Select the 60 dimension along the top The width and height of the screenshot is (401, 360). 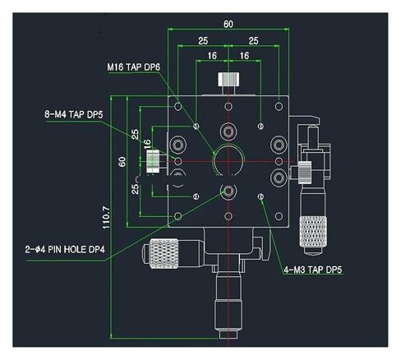point(228,25)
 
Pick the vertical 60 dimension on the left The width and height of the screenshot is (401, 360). point(121,161)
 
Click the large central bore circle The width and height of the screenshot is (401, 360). point(228,159)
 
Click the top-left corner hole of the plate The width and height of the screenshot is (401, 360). point(179,104)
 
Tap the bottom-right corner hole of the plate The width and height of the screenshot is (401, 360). point(280,216)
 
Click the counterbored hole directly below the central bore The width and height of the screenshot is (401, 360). point(228,192)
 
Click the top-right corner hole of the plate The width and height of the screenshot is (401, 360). point(280,104)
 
